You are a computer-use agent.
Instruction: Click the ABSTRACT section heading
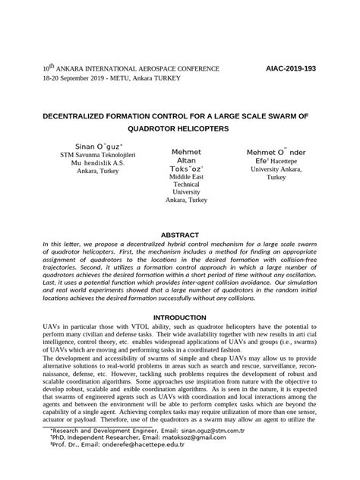[x=180, y=235]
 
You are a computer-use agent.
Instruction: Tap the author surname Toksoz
[x=185, y=167]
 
